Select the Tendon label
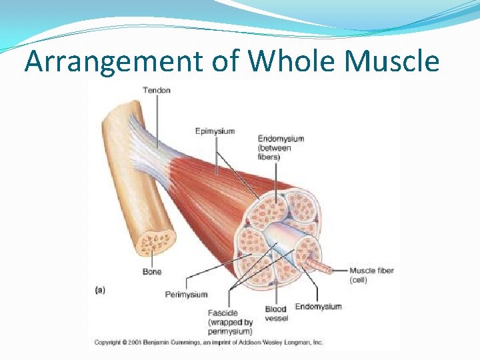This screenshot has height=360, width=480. click(157, 90)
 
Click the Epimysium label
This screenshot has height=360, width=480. click(215, 131)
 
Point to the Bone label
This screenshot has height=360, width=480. click(151, 272)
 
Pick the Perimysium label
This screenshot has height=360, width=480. click(186, 294)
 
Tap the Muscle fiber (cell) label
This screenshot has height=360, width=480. click(371, 275)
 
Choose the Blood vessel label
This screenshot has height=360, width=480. click(275, 313)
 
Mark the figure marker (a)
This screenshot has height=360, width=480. click(99, 289)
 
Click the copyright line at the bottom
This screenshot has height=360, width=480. click(208, 342)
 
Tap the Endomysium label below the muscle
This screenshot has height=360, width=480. click(318, 307)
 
